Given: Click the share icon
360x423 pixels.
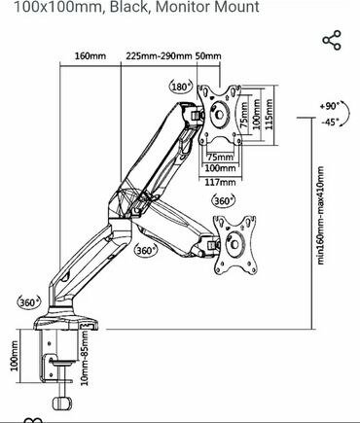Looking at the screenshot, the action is (332, 40).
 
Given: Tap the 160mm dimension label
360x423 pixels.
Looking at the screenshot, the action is (90, 56).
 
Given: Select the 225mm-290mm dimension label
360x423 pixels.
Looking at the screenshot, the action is (159, 56).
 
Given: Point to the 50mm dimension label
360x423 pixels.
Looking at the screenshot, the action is (208, 56).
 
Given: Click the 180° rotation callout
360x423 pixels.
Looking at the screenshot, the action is (181, 87).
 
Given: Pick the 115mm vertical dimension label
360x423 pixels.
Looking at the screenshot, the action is (269, 115).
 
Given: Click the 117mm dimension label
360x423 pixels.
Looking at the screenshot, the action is (220, 182).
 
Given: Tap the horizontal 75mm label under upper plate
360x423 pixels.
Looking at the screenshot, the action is (220, 158).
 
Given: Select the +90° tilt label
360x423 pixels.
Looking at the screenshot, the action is (329, 106).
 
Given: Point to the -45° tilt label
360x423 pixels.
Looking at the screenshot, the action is (330, 123).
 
